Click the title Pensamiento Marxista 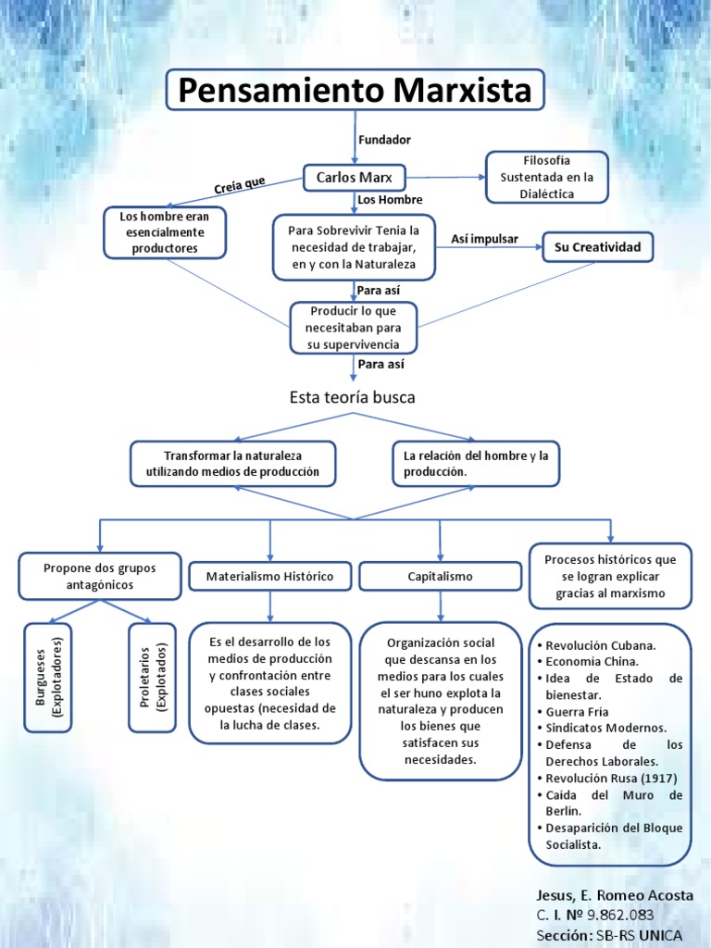coord(355,91)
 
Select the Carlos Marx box coord(354,177)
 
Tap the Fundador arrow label coord(383,140)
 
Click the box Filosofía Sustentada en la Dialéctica coord(548,176)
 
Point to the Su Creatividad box coord(597,247)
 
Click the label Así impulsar coord(484,240)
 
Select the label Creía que coord(239,186)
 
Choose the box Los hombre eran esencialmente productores coord(165,232)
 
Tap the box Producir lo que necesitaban coord(354,328)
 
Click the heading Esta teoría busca coord(353,397)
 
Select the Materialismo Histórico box coord(271,576)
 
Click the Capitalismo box coord(440,576)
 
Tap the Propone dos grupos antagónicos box coord(100,576)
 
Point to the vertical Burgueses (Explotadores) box coord(47,678)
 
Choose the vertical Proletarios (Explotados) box coord(152,678)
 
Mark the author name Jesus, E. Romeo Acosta coord(614,896)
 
